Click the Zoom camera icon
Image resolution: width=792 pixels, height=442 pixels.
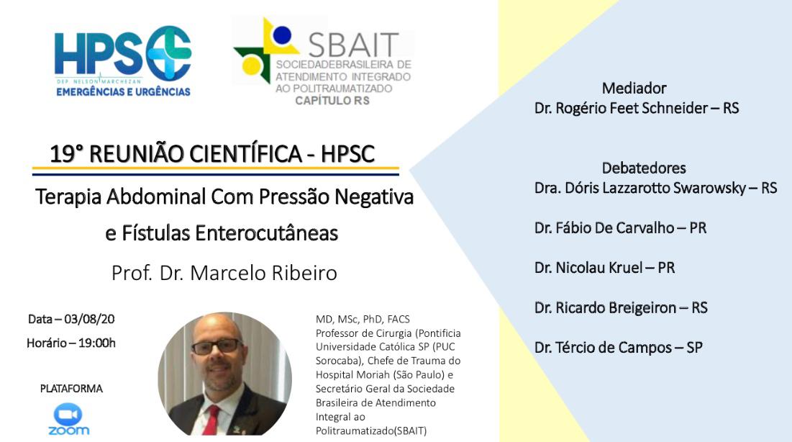68,415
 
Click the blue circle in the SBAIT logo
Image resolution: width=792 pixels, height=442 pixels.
282,35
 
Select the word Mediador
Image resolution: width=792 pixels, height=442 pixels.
634,89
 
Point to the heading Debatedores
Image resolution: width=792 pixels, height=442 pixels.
644,168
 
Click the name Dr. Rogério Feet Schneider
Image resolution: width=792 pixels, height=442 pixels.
621,108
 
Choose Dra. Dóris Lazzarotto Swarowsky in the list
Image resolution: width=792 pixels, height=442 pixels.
640,188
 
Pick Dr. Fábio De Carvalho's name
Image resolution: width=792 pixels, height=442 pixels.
604,228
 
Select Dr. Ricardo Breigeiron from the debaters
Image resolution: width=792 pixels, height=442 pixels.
605,307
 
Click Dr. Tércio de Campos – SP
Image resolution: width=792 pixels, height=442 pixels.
618,348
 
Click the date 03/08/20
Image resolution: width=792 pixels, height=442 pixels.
89,319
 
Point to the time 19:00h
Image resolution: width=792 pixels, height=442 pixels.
97,343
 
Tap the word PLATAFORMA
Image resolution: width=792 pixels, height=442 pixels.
71,389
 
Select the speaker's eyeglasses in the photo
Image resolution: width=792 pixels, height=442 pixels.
217,346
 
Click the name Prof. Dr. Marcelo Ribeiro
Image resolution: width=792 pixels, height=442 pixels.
224,273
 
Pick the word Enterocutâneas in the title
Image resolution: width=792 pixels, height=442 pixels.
267,234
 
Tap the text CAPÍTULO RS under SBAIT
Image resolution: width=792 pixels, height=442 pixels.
332,101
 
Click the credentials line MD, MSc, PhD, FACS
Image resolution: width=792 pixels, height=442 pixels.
363,319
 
